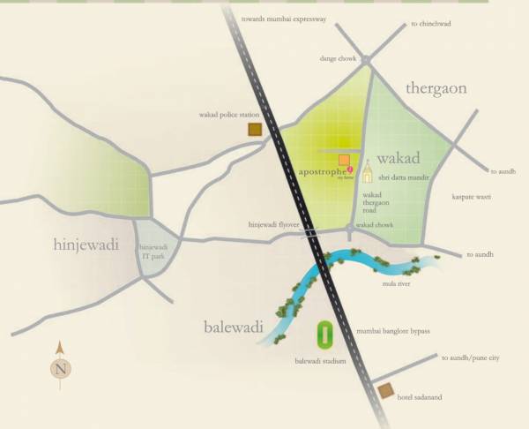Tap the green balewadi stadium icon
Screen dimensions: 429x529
[x=324, y=335]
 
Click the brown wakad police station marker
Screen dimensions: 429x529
[x=256, y=130]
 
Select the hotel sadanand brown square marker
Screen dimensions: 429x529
[x=384, y=392]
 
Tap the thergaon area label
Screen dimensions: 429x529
[x=436, y=88]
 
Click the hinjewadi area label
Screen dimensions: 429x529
[x=86, y=245]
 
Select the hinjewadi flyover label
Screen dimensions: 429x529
[x=274, y=225]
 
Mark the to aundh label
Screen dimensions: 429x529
[x=502, y=171]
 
